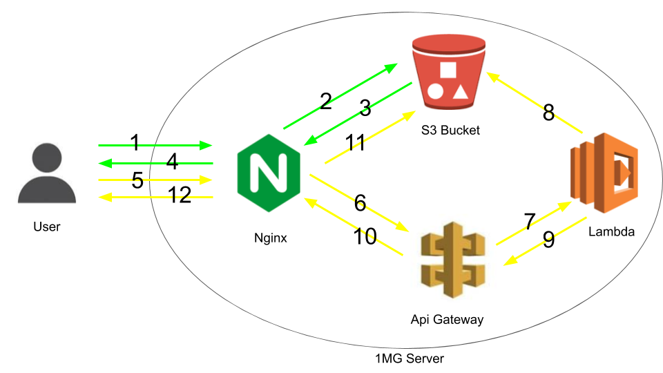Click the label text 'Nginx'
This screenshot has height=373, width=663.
[270, 239]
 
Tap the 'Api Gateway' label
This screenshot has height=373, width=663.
[448, 319]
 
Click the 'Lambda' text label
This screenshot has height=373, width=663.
[611, 232]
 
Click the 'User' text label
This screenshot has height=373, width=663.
[47, 226]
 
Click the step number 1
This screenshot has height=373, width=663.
[135, 143]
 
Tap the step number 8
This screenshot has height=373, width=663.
[548, 113]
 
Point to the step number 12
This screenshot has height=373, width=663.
[180, 195]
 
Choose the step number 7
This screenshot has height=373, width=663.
[529, 222]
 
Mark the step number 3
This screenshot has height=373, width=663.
[365, 108]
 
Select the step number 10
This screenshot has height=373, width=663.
[365, 237]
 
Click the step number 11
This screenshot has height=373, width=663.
[355, 143]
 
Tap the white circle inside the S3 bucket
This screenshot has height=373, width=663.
[435, 90]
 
